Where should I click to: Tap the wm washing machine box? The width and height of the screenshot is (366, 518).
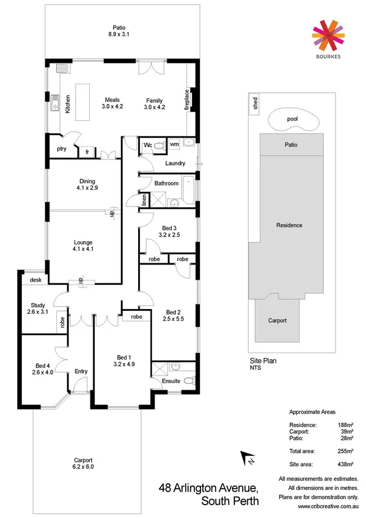coord(175,144)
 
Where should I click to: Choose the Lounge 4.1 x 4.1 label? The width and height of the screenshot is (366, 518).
coord(82,244)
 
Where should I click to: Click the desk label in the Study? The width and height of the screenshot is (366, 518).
coord(34,279)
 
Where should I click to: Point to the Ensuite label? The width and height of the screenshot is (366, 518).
coord(171,382)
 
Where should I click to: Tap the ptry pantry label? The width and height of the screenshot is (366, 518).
coord(62,148)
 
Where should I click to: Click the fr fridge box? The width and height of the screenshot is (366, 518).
coord(88,151)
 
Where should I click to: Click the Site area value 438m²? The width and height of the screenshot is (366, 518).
coord(346,464)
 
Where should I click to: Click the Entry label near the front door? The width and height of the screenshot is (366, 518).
coord(81,371)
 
